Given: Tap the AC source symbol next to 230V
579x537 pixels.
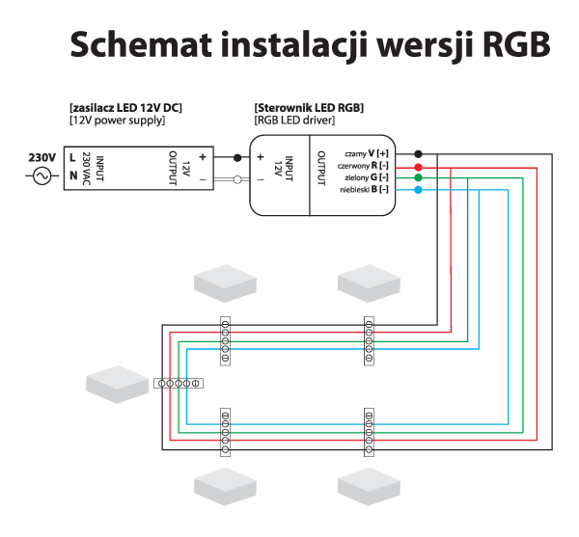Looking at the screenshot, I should (x=42, y=175).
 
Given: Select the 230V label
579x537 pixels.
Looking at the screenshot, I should (x=42, y=156).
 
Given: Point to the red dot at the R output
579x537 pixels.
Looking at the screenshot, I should (x=417, y=166).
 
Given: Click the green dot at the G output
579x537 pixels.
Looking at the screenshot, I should (x=417, y=178).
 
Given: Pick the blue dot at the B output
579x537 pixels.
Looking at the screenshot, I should (x=417, y=191).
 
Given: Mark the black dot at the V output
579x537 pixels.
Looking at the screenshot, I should (x=417, y=154).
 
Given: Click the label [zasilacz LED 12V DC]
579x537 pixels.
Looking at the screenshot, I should (x=126, y=107).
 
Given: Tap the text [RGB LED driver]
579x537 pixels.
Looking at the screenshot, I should (x=294, y=121).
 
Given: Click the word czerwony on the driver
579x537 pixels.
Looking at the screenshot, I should (x=353, y=166).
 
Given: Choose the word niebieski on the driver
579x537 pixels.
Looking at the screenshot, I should (x=355, y=191).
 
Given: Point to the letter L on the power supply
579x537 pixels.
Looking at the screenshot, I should (x=73, y=156).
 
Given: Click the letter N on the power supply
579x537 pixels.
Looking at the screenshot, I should (x=73, y=175).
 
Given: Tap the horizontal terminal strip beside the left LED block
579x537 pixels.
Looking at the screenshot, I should (x=178, y=383).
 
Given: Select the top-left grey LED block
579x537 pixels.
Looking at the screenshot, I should (x=225, y=282).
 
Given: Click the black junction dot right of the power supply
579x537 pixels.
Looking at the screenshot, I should (x=236, y=156).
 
